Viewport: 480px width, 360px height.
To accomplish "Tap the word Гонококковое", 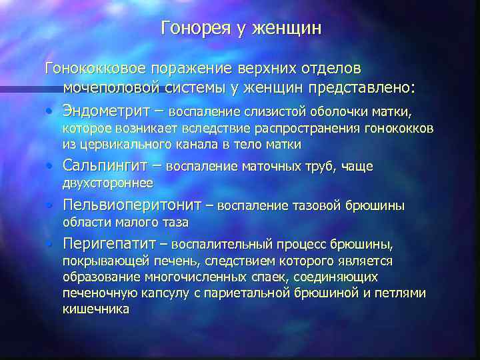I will pos(95,69).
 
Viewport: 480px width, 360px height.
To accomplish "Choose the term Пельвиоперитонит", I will pos(137,205).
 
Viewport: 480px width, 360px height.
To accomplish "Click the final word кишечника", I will pos(95,309).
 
